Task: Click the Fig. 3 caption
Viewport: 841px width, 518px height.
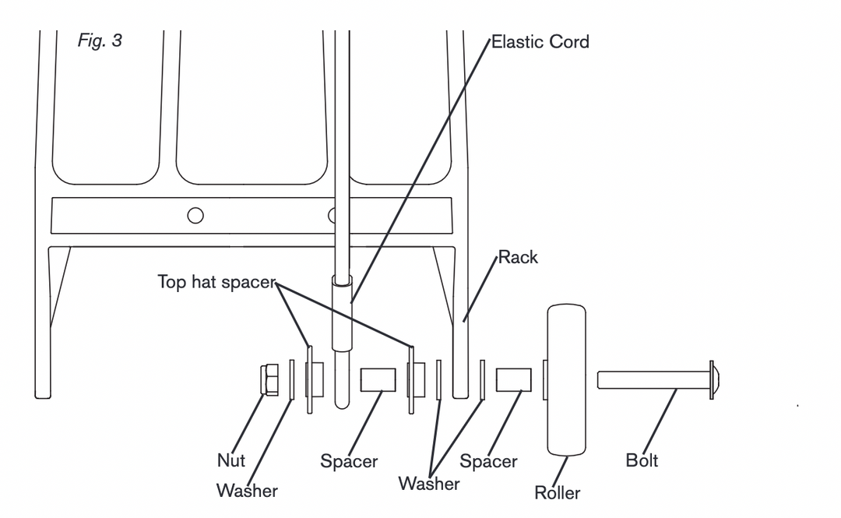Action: coord(100,41)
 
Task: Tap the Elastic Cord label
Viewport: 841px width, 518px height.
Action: coord(540,42)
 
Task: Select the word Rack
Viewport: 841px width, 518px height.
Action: coord(518,257)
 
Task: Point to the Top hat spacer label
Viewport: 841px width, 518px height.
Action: coord(216,282)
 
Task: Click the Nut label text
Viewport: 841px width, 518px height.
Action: coord(230,460)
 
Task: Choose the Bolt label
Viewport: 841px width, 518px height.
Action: coord(642,460)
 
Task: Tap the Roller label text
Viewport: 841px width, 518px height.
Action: coord(557,492)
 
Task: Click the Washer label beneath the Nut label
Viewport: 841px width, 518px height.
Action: coord(247,491)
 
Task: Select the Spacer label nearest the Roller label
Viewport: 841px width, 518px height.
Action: coord(488,461)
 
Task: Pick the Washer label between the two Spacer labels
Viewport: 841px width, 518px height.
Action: coord(428,484)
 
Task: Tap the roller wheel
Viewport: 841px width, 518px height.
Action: coord(566,379)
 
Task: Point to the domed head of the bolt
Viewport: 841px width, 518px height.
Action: coord(714,380)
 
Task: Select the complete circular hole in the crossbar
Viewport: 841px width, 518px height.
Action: coord(195,215)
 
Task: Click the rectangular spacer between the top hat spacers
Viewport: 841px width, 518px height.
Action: coord(378,380)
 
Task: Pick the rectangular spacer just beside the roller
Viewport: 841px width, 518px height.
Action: coord(514,380)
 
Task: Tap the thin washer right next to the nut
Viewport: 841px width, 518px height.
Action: coord(292,380)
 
